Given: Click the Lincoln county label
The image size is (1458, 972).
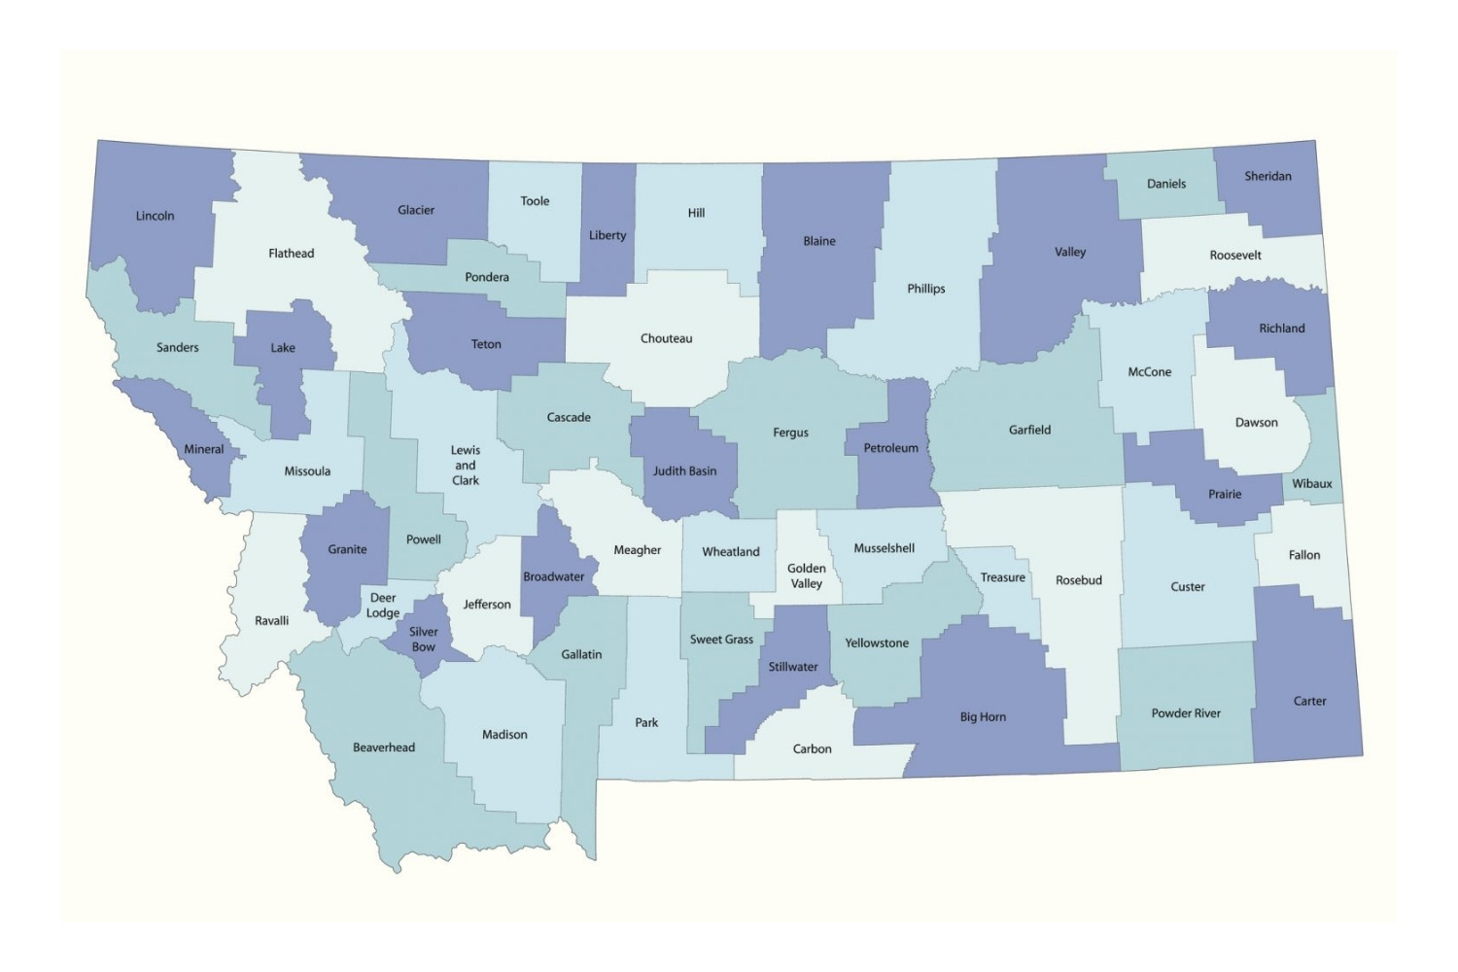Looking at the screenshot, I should pos(155,216).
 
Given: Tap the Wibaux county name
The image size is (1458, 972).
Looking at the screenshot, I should pos(1311,483).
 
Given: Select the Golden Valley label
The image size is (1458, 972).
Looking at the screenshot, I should pos(806,575).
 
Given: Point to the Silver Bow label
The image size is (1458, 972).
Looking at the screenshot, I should pos(423,639).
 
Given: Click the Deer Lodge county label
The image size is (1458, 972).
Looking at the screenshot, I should pos(383,605).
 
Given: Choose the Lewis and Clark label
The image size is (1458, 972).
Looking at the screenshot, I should pos(465,465).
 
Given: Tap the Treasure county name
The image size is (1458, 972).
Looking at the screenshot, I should pos(1002,576).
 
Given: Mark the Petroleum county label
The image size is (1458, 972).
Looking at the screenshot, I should pos(890,448).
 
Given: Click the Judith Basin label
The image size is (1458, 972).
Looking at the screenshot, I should pos(684,470).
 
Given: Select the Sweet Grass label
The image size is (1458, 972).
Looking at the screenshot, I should pos(721,639).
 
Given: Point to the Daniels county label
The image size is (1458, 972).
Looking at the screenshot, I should pos(1165,184).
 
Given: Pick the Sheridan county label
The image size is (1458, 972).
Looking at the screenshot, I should pos(1267,176).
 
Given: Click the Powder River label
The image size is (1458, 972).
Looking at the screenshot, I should pos(1185,712).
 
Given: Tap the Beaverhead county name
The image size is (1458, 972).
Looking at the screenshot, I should pos(383,747).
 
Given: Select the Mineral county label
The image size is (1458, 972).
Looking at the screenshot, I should pos(204,449).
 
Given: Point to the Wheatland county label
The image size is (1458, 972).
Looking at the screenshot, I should pos(730,551).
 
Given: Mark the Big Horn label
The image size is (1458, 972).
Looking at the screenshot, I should pos(983,716).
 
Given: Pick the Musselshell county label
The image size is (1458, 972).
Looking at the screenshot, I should pos(884,548).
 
